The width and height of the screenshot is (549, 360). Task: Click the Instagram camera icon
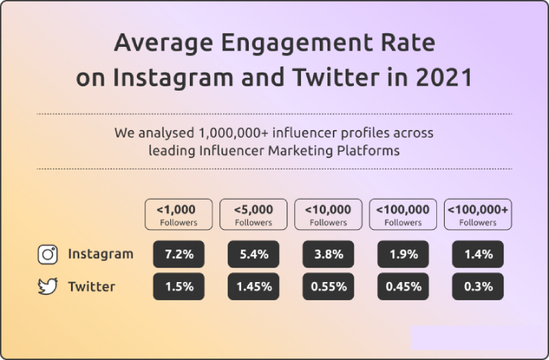pyautogui.click(x=48, y=254)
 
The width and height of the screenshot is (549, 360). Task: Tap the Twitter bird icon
pyautogui.click(x=48, y=287)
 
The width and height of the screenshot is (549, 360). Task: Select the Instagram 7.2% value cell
pyautogui.click(x=178, y=254)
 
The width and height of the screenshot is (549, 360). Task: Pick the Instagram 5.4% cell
pyautogui.click(x=253, y=254)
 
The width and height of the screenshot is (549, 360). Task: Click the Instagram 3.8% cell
pyautogui.click(x=328, y=254)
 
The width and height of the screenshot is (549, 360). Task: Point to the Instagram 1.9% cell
pyautogui.click(x=403, y=254)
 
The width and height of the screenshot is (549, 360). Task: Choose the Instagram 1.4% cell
pyautogui.click(x=478, y=254)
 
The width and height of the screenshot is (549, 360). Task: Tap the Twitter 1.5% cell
pyautogui.click(x=178, y=287)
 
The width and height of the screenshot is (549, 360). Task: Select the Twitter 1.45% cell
pyautogui.click(x=253, y=287)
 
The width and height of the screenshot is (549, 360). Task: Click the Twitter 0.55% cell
pyautogui.click(x=328, y=287)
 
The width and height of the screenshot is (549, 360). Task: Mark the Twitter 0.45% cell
pyautogui.click(x=403, y=287)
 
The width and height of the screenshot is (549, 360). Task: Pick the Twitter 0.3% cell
pyautogui.click(x=478, y=287)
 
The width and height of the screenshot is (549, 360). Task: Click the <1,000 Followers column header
pyautogui.click(x=178, y=215)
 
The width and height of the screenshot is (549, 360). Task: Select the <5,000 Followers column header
pyautogui.click(x=253, y=215)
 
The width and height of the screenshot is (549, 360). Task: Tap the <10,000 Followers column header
pyautogui.click(x=328, y=215)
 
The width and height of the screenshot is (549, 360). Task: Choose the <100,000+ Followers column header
pyautogui.click(x=478, y=215)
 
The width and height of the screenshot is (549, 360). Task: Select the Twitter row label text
pyautogui.click(x=91, y=287)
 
